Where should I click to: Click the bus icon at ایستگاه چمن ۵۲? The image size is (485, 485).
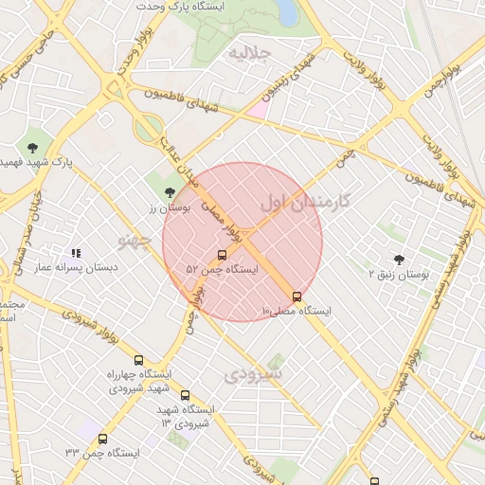click(222, 255)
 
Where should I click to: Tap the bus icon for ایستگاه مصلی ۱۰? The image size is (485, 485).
click(297, 296)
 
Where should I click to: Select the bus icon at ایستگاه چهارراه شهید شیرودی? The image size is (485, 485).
click(139, 360)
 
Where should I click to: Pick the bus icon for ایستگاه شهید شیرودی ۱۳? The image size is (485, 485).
click(185, 396)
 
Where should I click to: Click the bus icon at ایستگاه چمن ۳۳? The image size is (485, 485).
click(102, 439)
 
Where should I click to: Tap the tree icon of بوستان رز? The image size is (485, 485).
click(170, 193)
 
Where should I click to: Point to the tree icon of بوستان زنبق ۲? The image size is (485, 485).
click(399, 260)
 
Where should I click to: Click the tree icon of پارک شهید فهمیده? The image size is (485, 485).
click(33, 147)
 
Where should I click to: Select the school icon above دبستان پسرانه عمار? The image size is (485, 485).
click(76, 254)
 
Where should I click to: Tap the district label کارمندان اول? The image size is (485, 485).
click(304, 201)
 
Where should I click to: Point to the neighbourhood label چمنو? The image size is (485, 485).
click(135, 241)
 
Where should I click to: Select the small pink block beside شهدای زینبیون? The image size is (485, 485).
click(257, 110)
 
